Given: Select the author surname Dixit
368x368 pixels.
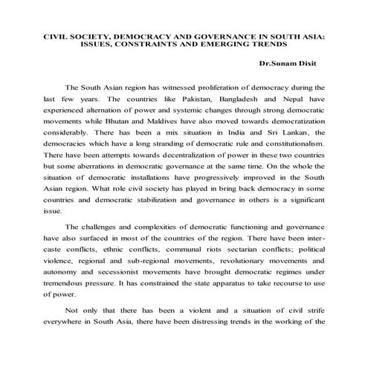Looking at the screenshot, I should pyautogui.click(x=306, y=63).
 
